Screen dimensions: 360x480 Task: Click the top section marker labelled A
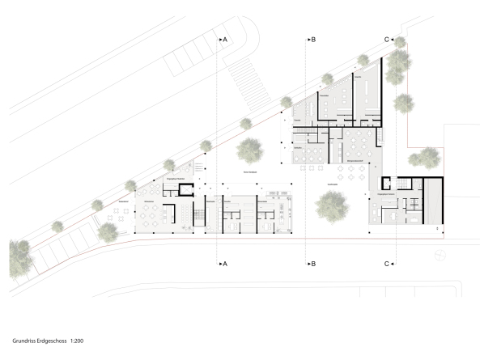223,39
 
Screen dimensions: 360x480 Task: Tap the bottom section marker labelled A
223,264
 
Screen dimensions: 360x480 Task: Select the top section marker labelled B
310,39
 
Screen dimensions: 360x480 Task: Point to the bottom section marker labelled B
310,264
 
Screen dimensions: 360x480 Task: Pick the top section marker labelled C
389,39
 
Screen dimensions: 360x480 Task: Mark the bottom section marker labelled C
389,264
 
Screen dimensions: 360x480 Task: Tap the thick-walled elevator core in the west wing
186,191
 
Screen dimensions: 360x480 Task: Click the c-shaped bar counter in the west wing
168,215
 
